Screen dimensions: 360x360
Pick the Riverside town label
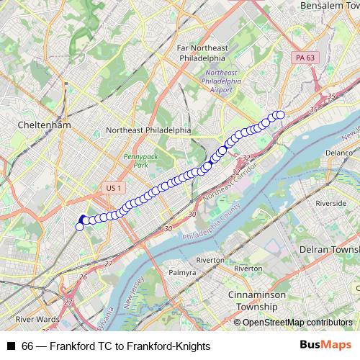[x=330, y=204]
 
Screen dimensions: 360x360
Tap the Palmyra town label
[x=181, y=273]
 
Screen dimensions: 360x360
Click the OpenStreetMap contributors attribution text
[x=297, y=323]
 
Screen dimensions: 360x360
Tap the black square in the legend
[x=11, y=346]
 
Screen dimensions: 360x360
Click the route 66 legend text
[x=116, y=346]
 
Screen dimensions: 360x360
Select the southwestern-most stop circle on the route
[x=79, y=227]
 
